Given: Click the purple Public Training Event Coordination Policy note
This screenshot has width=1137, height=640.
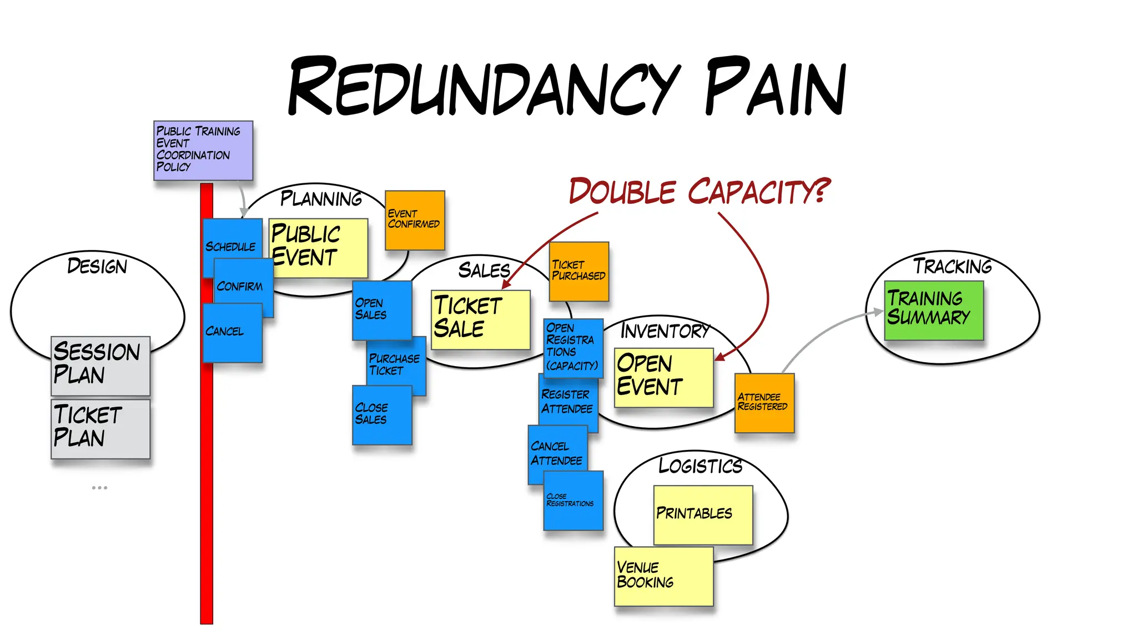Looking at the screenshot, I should click(203, 150).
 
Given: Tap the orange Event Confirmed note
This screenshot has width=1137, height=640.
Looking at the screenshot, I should click(415, 220).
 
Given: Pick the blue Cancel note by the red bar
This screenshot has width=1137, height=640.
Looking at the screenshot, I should click(232, 333).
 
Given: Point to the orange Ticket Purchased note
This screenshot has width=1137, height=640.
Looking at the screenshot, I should click(579, 271).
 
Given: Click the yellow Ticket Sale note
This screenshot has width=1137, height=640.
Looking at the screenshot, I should click(481, 319).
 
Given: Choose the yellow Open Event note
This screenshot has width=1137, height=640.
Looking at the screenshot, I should click(663, 378).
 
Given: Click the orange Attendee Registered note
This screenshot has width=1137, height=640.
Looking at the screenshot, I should click(764, 403).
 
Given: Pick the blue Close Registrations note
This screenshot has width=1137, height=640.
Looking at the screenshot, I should click(573, 500).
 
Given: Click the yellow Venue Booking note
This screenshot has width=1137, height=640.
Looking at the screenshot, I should click(663, 576).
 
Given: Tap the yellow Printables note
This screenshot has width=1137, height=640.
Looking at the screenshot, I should click(703, 514).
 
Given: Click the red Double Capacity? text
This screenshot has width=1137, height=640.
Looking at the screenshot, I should click(700, 191).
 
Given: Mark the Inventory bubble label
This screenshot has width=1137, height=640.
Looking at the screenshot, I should click(665, 331).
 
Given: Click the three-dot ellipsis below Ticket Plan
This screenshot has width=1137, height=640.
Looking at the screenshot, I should click(99, 488).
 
